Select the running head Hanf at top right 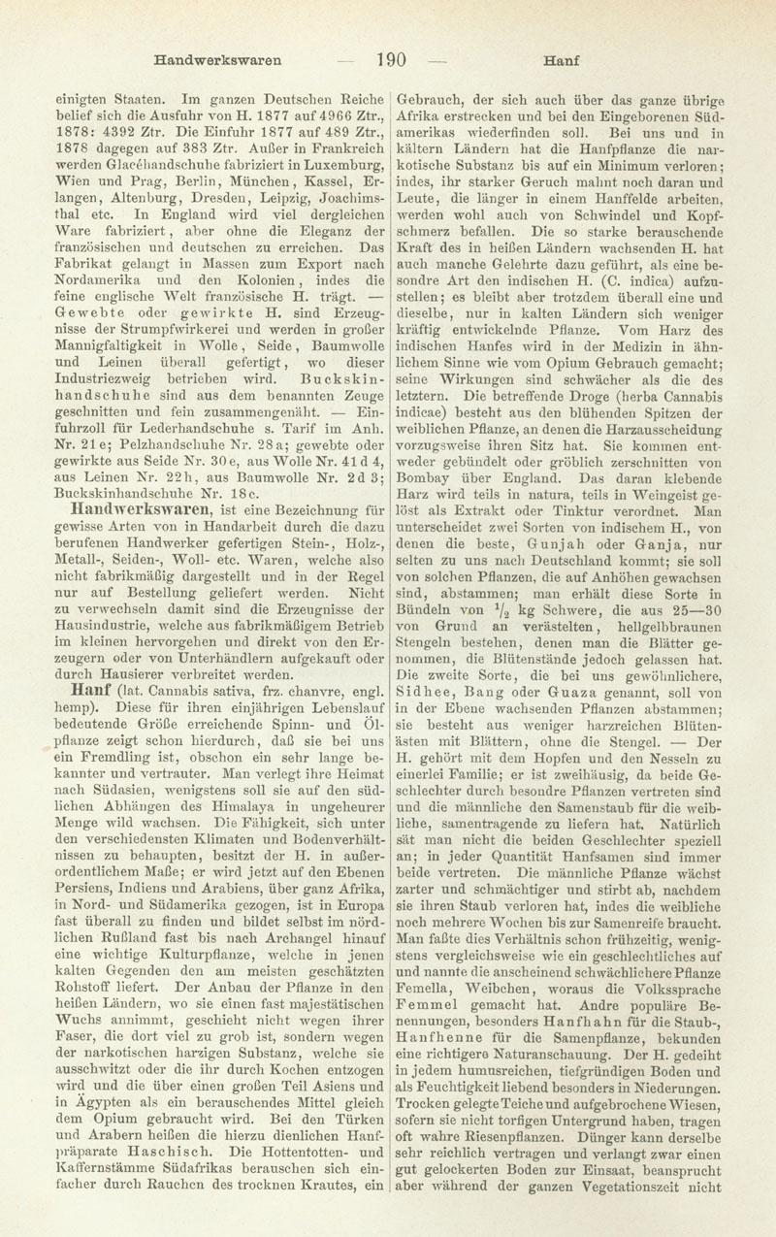[560, 59]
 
